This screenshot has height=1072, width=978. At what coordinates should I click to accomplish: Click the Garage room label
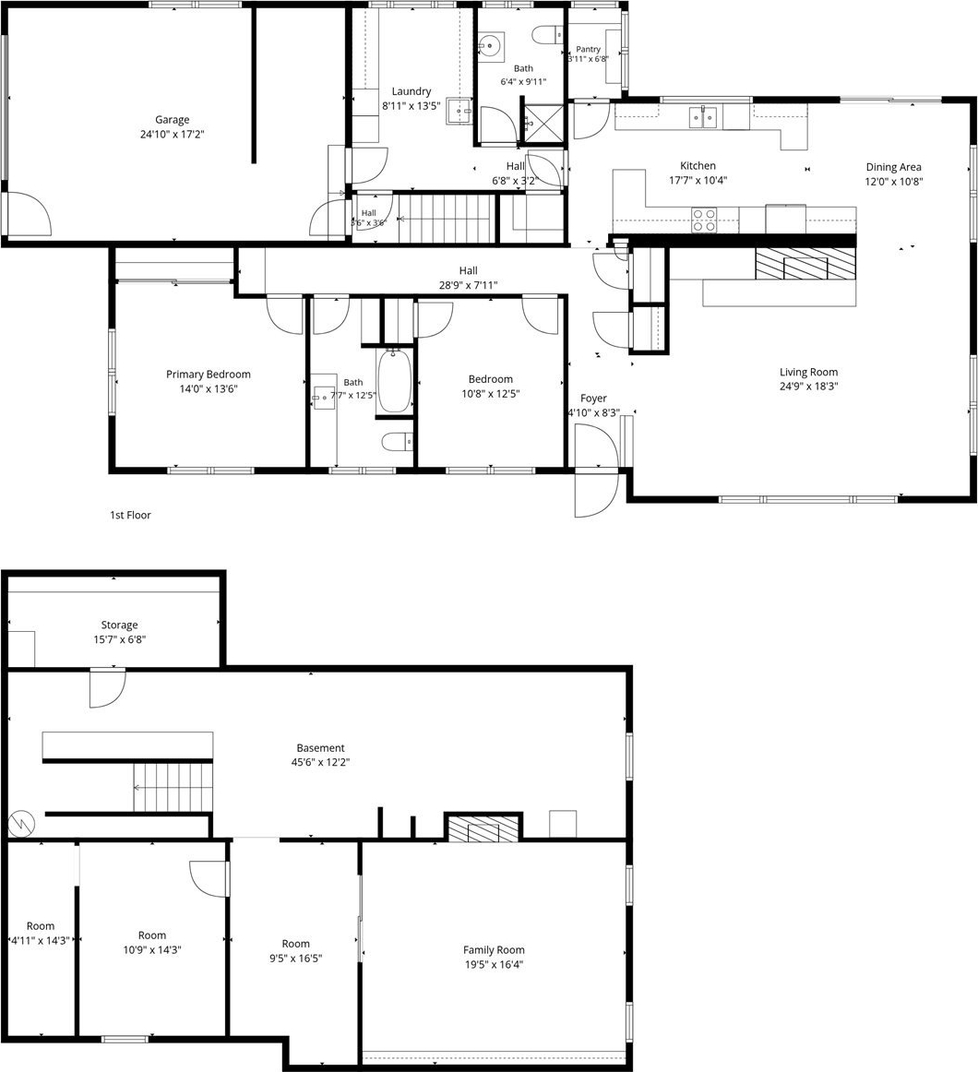point(172,120)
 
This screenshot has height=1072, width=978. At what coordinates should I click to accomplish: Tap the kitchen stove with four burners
point(704,220)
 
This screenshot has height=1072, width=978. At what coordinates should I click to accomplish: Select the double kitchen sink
point(703,117)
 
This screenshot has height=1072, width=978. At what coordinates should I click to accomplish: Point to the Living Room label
point(808,372)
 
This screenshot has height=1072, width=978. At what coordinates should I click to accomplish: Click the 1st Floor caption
point(130,515)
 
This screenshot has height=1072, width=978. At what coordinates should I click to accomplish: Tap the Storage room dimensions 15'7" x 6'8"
point(120,640)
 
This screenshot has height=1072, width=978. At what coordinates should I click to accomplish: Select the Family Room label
point(494,949)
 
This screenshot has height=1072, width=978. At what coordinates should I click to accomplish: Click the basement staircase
point(173,787)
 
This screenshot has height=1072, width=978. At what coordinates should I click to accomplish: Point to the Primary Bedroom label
point(208,374)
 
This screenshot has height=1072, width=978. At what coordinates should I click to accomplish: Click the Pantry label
point(588,49)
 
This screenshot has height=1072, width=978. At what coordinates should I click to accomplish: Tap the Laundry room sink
point(460,111)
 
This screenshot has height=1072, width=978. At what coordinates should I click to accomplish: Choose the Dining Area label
point(893,167)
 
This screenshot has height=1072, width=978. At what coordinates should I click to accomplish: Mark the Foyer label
point(593,398)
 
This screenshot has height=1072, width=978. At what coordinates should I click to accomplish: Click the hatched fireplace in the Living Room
point(805,264)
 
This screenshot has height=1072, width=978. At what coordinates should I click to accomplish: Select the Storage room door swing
point(108,688)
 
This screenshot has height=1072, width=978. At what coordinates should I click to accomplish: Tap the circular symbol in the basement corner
point(21,823)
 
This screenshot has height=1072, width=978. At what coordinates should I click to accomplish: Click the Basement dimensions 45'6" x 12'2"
point(321,762)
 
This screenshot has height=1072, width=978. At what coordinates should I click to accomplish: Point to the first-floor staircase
point(446,219)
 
